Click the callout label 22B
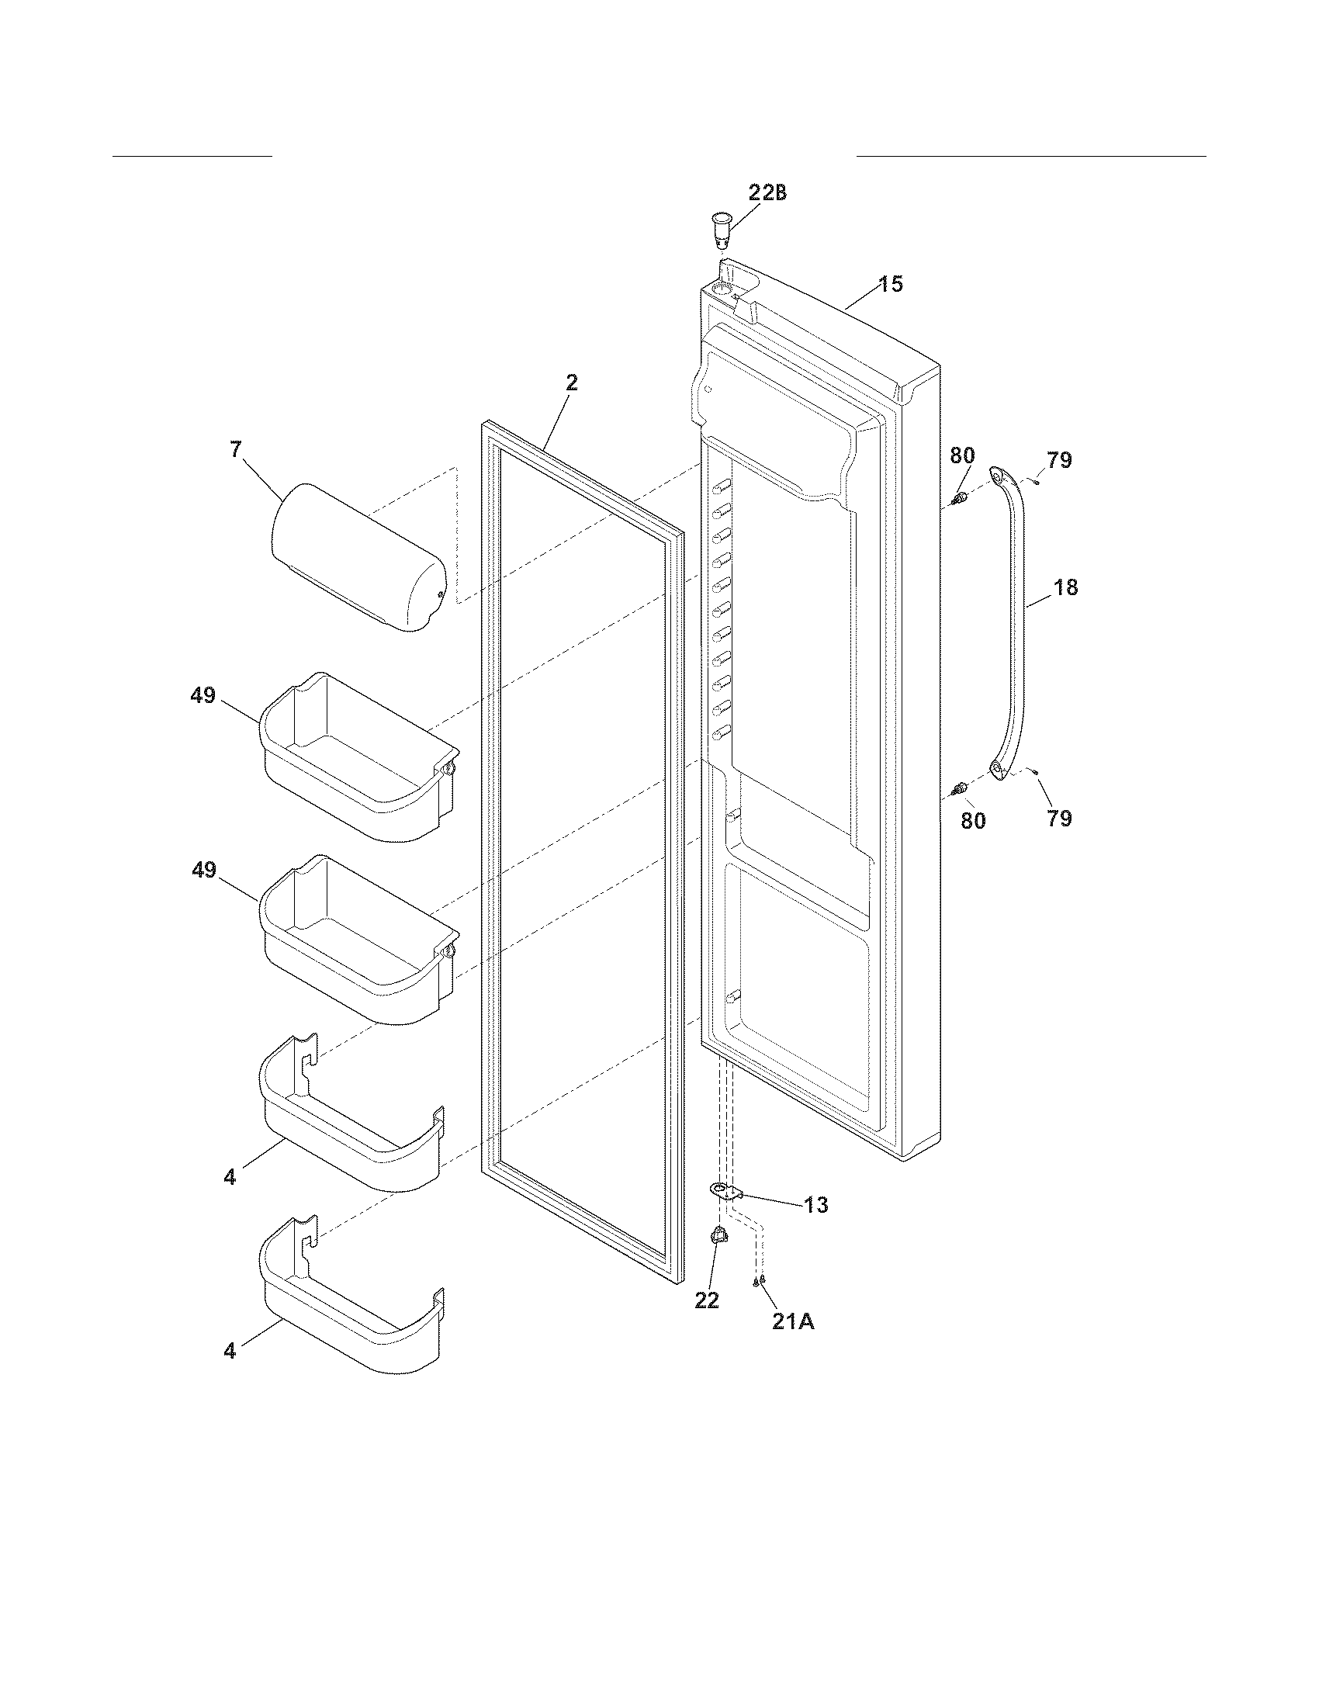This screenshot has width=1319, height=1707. [x=767, y=193]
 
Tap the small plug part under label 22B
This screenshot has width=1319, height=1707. [x=721, y=227]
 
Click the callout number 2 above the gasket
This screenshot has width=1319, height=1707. [x=572, y=383]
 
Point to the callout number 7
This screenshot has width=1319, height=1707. [x=235, y=449]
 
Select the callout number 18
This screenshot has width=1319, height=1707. [x=1065, y=587]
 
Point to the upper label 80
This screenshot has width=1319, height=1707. [x=963, y=455]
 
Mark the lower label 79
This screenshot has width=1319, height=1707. [x=1060, y=819]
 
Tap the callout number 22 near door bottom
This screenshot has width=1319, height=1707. [x=706, y=1300]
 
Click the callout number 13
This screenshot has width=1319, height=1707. [x=815, y=1205]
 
